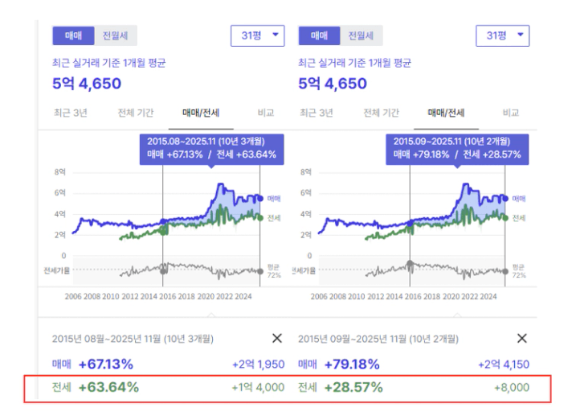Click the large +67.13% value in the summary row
(x=106, y=365)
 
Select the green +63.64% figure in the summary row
(x=108, y=387)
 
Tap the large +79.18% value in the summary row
(x=351, y=365)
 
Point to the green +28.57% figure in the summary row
(x=353, y=387)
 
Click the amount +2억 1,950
(x=258, y=365)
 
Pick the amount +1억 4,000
(x=258, y=387)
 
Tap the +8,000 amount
(x=511, y=387)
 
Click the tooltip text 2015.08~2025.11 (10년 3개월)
(x=198, y=140)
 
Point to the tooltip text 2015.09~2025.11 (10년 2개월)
(x=444, y=140)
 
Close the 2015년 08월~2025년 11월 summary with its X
(x=277, y=339)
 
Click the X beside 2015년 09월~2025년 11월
(x=521, y=339)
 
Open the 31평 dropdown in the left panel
(x=257, y=35)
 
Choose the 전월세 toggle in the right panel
(x=360, y=35)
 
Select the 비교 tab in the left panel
(x=265, y=113)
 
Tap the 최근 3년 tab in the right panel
(x=317, y=113)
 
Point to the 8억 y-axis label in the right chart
(x=305, y=172)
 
